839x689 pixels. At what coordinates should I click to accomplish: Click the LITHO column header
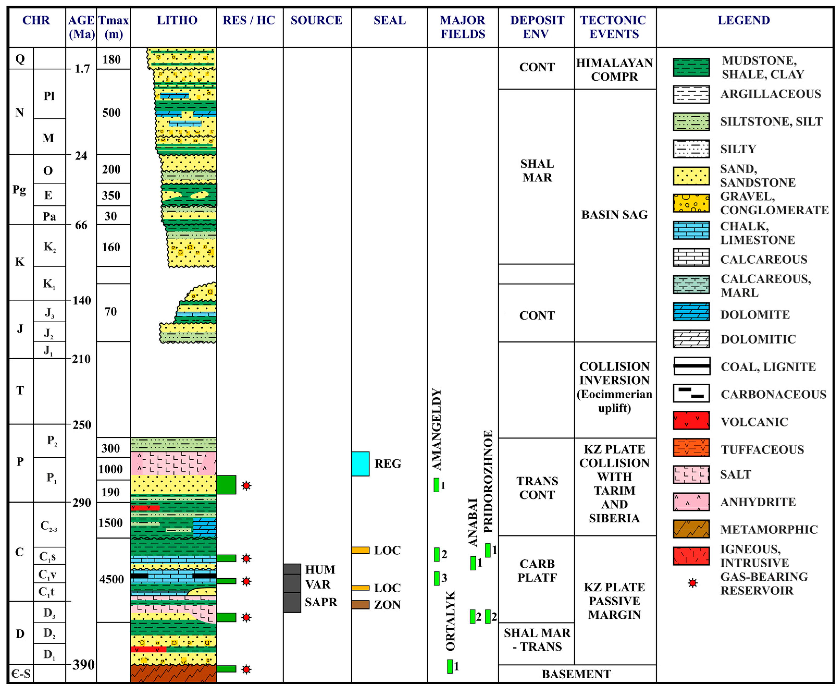[177, 20]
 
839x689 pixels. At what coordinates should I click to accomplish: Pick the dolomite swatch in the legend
[691, 312]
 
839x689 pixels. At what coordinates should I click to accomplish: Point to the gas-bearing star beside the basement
[246, 669]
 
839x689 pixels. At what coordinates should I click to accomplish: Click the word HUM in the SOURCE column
[320, 570]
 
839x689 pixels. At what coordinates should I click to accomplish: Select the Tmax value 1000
[111, 469]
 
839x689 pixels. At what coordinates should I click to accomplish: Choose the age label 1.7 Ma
[82, 69]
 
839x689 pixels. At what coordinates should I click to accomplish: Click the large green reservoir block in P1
[226, 485]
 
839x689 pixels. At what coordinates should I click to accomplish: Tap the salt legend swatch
[691, 474]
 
